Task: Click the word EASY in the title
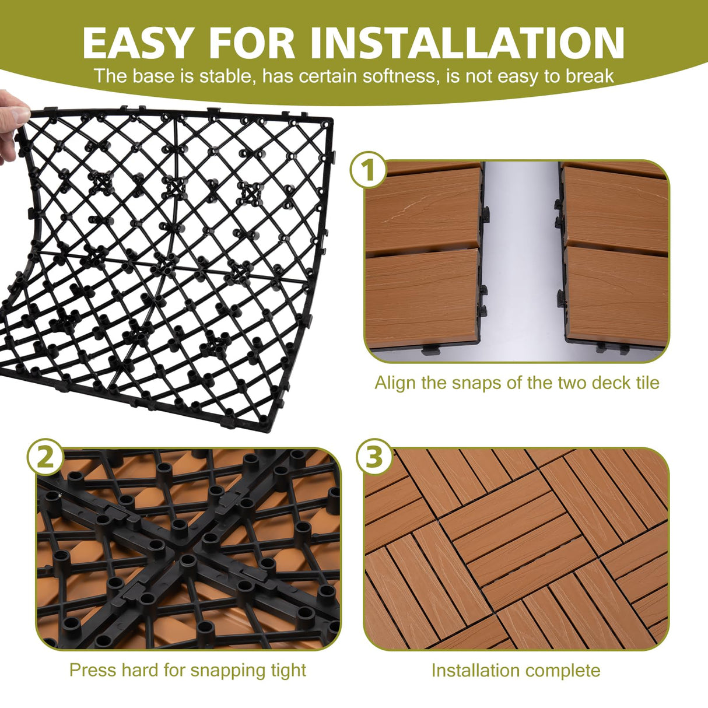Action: [x=138, y=43]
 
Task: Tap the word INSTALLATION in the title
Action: [x=467, y=43]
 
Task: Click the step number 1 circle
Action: [x=367, y=170]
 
